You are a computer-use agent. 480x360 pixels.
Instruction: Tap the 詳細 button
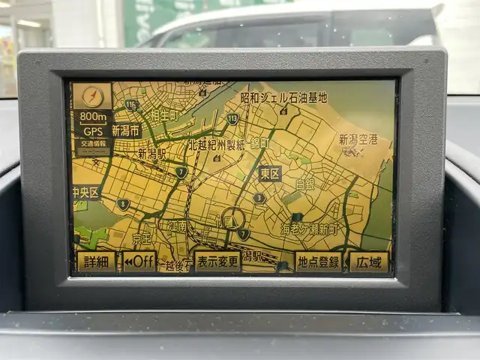coord(96,262)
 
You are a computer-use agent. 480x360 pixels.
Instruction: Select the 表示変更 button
coord(217,261)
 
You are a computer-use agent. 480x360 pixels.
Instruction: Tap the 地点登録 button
coord(318,262)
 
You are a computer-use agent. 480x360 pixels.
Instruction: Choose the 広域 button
coord(369,262)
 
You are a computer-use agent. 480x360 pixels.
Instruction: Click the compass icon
coord(92,95)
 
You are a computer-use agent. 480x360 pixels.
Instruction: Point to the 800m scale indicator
coord(92,116)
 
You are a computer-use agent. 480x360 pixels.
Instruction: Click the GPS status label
coord(92,130)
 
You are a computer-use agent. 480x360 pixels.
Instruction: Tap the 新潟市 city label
coord(127,130)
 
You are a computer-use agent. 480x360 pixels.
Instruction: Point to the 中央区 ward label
coord(85,193)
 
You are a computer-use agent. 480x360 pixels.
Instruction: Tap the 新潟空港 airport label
coord(358,139)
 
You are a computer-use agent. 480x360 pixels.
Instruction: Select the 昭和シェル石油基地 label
coord(283,97)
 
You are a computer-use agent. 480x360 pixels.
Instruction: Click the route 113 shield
coord(232,118)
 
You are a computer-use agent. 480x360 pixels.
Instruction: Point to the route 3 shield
coord(259,198)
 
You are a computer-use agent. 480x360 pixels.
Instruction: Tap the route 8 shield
coord(123,203)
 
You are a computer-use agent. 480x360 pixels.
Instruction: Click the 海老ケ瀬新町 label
coord(309,229)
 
